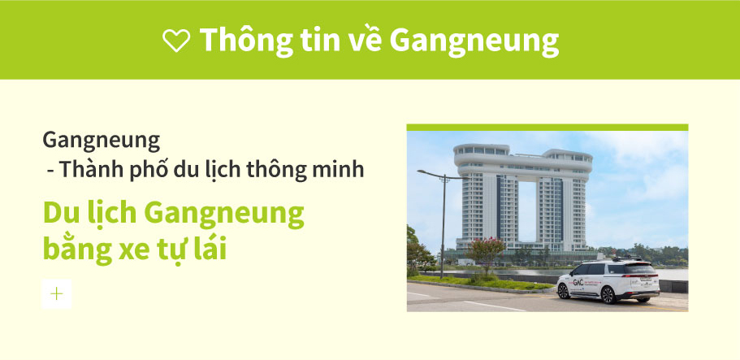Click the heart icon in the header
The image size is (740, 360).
[x=176, y=40]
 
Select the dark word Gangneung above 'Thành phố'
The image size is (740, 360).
[x=102, y=141]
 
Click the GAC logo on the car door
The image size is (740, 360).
[x=578, y=282]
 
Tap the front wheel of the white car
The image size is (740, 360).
[x=564, y=291]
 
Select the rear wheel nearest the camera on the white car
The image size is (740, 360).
[x=608, y=295]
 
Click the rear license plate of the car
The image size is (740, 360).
[x=645, y=280]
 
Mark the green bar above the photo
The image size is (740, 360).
[x=547, y=127]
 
